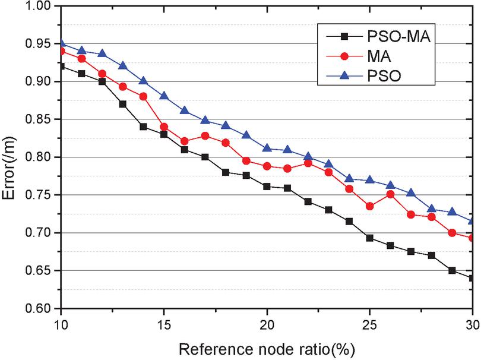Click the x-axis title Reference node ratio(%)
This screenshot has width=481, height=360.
pos(267,346)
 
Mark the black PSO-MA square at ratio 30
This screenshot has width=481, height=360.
pos(473,278)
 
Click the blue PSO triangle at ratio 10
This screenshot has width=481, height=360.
pos(61,43)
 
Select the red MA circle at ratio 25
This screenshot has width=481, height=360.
pos(369,206)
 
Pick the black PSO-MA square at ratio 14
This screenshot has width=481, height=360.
pos(143,127)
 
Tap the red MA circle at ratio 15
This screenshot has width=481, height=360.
pos(163,127)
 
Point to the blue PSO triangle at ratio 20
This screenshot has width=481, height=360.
pos(267,149)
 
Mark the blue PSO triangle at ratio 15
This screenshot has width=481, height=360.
pos(163,96)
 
